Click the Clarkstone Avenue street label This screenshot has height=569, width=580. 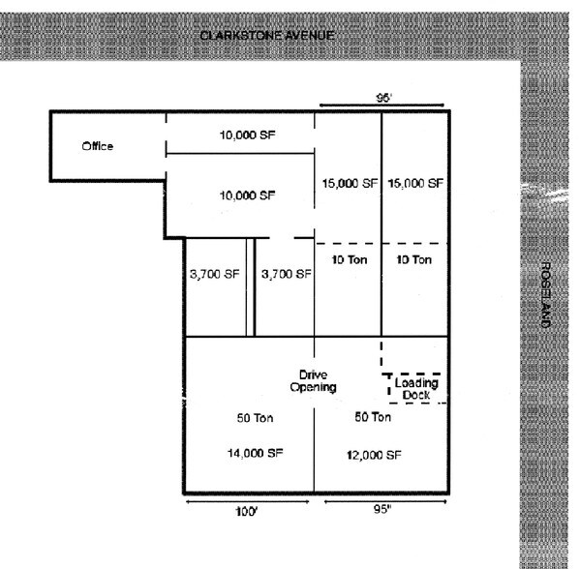tap(267, 36)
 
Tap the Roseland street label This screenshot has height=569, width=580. tap(546, 295)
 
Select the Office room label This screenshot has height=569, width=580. tap(98, 146)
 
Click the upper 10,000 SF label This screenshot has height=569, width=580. tap(248, 135)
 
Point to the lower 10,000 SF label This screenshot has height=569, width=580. tap(248, 195)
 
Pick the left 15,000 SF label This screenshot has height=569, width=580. tap(348, 183)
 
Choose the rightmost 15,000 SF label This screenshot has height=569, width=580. tap(415, 183)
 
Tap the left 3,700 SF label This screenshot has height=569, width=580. tap(214, 274)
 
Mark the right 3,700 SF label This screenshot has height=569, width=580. tap(287, 274)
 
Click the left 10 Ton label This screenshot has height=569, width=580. tap(347, 260)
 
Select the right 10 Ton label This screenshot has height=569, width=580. tap(414, 260)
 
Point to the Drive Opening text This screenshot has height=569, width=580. tap(313, 380)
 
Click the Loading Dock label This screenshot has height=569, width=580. tap(417, 388)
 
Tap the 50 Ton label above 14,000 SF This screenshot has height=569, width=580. tap(255, 419)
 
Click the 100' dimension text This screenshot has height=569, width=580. tap(246, 512)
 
